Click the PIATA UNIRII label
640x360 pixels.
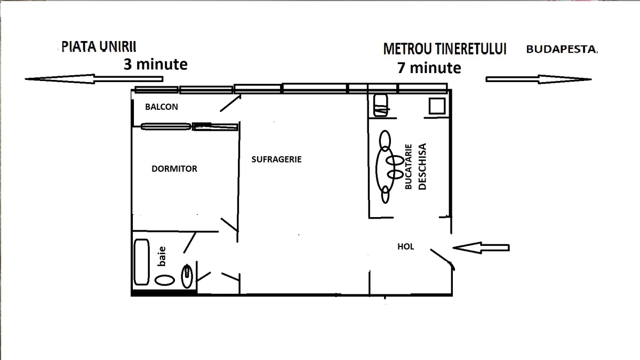pyautogui.click(x=99, y=47)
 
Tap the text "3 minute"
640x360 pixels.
pyautogui.click(x=155, y=65)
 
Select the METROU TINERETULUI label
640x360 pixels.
pyautogui.click(x=445, y=49)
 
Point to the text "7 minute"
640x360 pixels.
pyautogui.click(x=429, y=68)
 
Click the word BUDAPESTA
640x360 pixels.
pyautogui.click(x=562, y=49)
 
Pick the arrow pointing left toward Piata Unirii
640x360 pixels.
pyautogui.click(x=94, y=79)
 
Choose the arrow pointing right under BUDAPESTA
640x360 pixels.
pyautogui.click(x=539, y=79)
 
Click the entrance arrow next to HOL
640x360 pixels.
pyautogui.click(x=481, y=247)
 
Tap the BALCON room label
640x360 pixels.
pyautogui.click(x=162, y=107)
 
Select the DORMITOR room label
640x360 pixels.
pyautogui.click(x=174, y=169)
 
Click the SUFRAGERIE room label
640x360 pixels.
pyautogui.click(x=276, y=159)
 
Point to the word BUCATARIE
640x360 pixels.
pyautogui.click(x=409, y=166)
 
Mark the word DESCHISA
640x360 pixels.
pyautogui.click(x=422, y=166)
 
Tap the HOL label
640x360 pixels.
pyautogui.click(x=406, y=246)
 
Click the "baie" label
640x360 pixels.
pyautogui.click(x=162, y=257)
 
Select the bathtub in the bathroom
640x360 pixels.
pyautogui.click(x=142, y=262)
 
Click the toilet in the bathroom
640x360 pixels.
pyautogui.click(x=187, y=276)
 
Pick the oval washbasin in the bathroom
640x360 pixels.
pyautogui.click(x=165, y=281)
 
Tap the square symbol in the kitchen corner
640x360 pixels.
pyautogui.click(x=437, y=106)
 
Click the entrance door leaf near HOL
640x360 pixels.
pyautogui.click(x=442, y=260)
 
